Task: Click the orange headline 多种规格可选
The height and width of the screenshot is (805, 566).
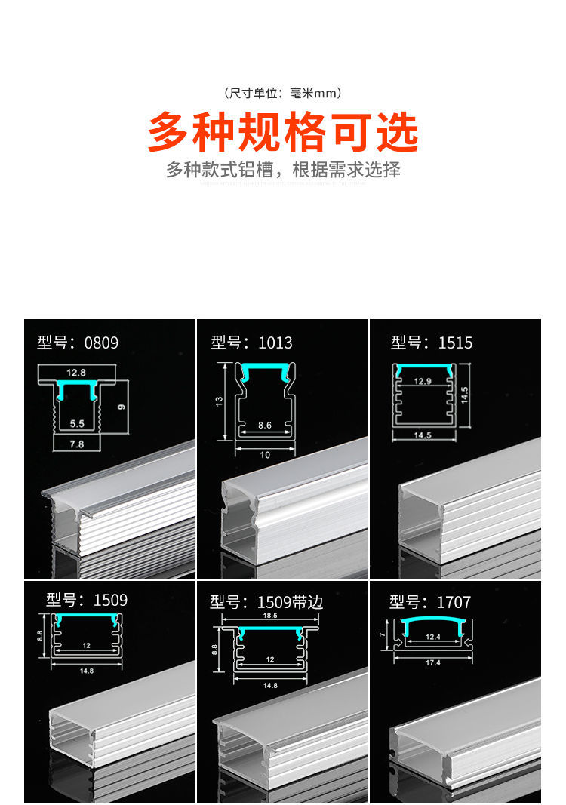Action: click(x=283, y=132)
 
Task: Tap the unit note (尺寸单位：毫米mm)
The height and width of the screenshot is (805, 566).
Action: click(x=283, y=94)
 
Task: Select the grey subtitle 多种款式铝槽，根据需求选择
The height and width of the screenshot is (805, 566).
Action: click(x=283, y=170)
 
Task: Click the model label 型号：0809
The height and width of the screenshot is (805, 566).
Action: click(x=78, y=343)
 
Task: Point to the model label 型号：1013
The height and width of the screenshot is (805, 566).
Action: click(x=251, y=343)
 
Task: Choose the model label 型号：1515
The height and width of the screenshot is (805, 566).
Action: click(x=431, y=343)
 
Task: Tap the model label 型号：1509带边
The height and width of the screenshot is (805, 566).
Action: click(x=266, y=602)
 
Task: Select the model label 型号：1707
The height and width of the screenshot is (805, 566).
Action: click(x=429, y=602)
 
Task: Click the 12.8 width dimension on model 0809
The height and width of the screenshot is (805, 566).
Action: click(x=76, y=373)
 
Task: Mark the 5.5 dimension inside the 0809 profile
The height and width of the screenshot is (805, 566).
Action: click(x=76, y=424)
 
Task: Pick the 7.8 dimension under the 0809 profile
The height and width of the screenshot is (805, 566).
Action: click(x=76, y=444)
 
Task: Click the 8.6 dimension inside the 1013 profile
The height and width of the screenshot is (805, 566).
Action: click(x=264, y=426)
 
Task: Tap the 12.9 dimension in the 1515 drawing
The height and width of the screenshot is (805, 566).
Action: click(x=423, y=382)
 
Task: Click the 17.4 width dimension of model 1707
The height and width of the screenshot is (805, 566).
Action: click(x=433, y=662)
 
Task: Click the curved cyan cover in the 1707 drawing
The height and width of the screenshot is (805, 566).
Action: click(x=433, y=622)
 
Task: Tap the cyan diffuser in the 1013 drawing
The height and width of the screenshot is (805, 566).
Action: click(x=264, y=368)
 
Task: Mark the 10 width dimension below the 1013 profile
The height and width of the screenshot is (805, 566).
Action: click(x=264, y=455)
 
